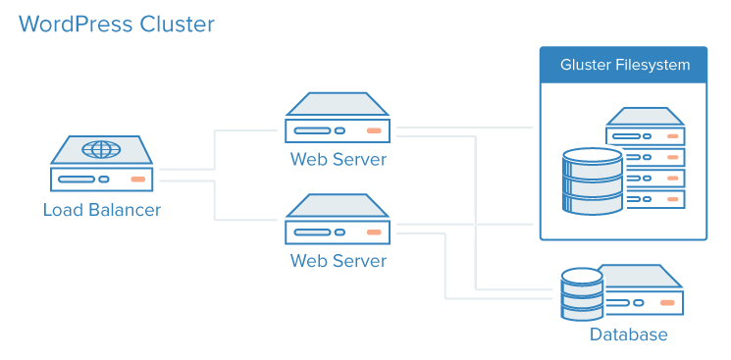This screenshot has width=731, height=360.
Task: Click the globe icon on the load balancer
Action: click(x=101, y=150)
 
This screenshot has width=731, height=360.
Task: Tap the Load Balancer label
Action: click(x=102, y=210)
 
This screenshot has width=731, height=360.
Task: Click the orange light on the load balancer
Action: click(x=138, y=180)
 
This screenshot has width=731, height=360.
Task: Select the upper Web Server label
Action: click(x=338, y=159)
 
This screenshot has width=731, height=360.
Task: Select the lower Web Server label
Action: click(x=338, y=260)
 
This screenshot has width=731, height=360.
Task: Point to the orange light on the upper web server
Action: click(x=374, y=130)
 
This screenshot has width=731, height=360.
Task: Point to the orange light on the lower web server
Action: click(x=374, y=231)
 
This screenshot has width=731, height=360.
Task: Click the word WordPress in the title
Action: click(x=76, y=24)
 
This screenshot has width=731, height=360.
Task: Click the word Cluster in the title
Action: click(x=178, y=24)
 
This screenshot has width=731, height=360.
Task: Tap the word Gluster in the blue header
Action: click(x=585, y=65)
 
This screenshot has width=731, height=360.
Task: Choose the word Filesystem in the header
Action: click(x=653, y=65)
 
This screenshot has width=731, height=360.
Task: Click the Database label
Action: click(x=628, y=334)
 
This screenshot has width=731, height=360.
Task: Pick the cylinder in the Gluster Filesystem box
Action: click(x=593, y=180)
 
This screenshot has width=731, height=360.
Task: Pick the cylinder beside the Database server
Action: click(x=582, y=293)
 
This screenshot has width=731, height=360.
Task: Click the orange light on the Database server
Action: click(x=667, y=303)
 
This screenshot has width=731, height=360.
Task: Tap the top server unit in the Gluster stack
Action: click(x=646, y=127)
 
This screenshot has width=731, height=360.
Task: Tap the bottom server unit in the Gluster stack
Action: click(x=655, y=199)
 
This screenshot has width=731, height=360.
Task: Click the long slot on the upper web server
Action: click(x=312, y=130)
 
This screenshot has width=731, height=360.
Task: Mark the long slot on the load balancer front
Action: click(x=77, y=180)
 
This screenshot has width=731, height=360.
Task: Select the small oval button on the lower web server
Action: click(x=339, y=231)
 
